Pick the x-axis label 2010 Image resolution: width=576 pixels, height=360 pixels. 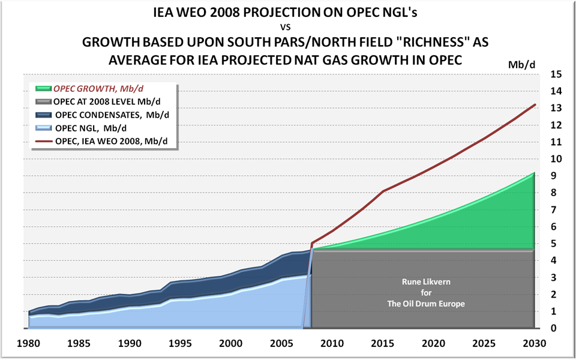click(x=332, y=344)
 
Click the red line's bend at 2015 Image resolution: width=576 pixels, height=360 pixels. click(x=382, y=191)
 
